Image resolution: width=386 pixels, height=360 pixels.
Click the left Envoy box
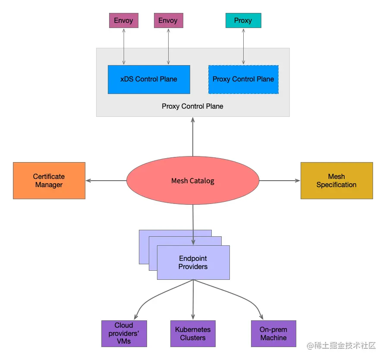[124, 21]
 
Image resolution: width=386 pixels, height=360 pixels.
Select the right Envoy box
[168, 21]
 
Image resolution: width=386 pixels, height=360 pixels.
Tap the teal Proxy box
[243, 21]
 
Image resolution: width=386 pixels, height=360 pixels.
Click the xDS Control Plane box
[149, 79]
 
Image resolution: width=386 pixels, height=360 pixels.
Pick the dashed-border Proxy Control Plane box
[243, 79]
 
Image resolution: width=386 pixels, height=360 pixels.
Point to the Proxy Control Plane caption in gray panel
[192, 106]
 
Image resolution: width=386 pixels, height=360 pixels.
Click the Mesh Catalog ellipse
[193, 181]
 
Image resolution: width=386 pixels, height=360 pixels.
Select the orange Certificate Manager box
[49, 181]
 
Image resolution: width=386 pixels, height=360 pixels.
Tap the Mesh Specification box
[336, 181]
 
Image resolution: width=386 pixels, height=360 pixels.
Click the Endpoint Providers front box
[193, 263]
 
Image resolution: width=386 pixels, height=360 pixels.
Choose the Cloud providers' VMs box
[124, 333]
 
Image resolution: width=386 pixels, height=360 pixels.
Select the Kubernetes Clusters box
[193, 333]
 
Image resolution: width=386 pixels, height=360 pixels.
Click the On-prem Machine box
[273, 333]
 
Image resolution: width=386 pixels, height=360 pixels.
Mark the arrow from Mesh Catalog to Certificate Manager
[106, 181]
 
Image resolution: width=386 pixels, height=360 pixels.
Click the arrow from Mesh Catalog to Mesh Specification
[279, 181]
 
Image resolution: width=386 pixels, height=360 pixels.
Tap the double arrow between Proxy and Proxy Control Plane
[243, 47]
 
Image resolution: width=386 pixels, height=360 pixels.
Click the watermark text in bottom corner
[341, 346]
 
